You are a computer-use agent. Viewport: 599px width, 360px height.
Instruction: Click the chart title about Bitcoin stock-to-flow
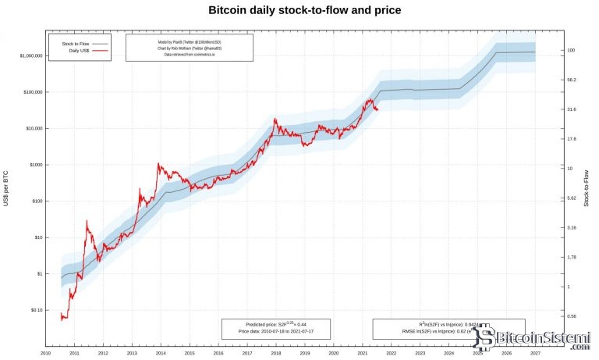(x=300, y=11)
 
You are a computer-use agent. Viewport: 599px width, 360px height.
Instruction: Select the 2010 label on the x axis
(x=46, y=354)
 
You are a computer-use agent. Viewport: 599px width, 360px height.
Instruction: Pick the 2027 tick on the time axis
(x=536, y=354)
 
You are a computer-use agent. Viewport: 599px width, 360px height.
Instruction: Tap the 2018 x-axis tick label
(x=276, y=354)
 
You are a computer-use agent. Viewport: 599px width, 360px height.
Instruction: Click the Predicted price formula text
(x=275, y=323)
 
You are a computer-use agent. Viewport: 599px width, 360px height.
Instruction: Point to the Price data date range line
(x=275, y=332)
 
